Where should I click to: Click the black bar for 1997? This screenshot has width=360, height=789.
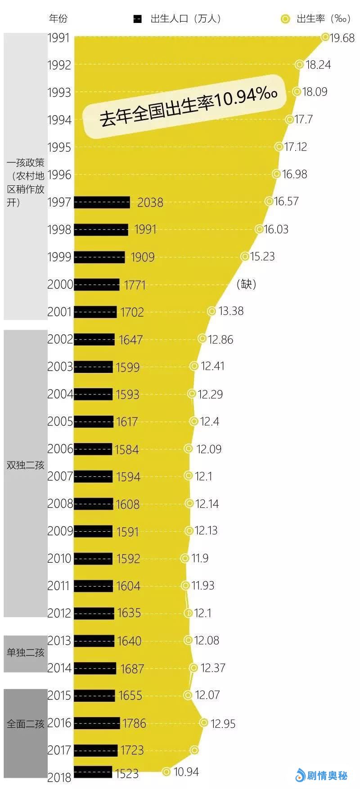click(102, 202)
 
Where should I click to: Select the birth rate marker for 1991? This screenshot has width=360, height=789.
click(325, 37)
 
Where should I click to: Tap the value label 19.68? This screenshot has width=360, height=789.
click(342, 38)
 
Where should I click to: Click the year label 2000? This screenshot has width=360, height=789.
click(60, 284)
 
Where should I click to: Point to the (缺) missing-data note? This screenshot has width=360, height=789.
click(246, 284)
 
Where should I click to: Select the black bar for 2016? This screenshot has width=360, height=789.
click(97, 723)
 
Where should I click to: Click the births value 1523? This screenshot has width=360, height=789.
click(127, 773)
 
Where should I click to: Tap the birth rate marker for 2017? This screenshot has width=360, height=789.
click(194, 750)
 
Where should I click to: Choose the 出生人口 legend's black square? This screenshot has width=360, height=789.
click(138, 19)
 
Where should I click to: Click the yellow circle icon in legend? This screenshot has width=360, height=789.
click(285, 19)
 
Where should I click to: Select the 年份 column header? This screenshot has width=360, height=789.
click(58, 18)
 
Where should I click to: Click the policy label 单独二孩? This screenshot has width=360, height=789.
click(26, 653)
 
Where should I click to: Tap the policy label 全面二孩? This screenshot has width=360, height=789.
click(26, 724)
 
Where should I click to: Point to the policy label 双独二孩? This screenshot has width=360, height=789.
click(26, 465)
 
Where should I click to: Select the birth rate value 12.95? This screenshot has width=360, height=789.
click(223, 724)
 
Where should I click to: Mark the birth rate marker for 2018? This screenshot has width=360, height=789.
click(166, 772)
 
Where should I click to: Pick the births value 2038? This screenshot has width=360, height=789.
click(150, 202)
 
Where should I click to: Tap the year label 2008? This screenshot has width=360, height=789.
click(60, 504)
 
